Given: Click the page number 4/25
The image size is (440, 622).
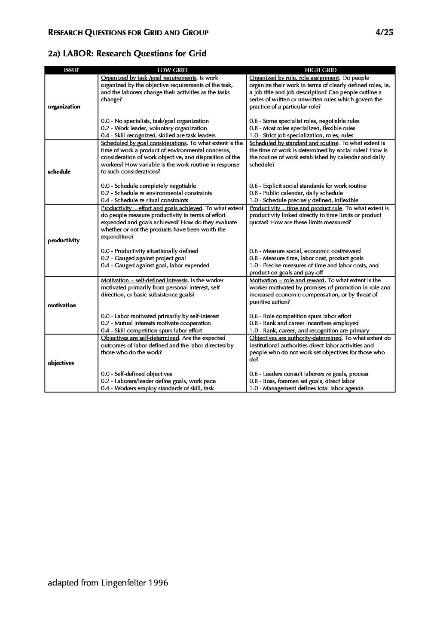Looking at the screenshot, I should (384, 32).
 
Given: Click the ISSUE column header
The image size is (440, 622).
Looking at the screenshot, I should (71, 70).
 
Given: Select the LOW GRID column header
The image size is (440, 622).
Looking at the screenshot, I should (172, 70).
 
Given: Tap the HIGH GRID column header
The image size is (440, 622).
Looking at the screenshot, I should (321, 70).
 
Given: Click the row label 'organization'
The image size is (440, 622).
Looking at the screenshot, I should (64, 107).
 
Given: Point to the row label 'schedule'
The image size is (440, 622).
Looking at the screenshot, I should (59, 171).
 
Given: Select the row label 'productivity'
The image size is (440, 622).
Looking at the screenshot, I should (63, 240).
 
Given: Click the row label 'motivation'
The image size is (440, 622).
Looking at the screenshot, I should (61, 305).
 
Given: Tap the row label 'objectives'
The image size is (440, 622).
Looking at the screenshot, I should (61, 363).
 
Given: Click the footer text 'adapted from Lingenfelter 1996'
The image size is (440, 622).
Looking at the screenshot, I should (108, 583).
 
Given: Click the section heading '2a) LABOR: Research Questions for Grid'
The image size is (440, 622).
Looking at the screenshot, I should (127, 54).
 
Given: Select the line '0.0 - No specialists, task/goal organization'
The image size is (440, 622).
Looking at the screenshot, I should (155, 121).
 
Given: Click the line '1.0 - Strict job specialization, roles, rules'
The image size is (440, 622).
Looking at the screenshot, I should (301, 135).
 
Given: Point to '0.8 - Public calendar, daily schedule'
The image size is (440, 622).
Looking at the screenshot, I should (296, 193).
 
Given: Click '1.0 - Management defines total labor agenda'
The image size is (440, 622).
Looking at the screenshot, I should (306, 388).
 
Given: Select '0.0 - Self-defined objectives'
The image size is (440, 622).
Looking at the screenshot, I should (136, 374).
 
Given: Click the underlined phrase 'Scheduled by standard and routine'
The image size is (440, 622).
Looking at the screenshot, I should (294, 143).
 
